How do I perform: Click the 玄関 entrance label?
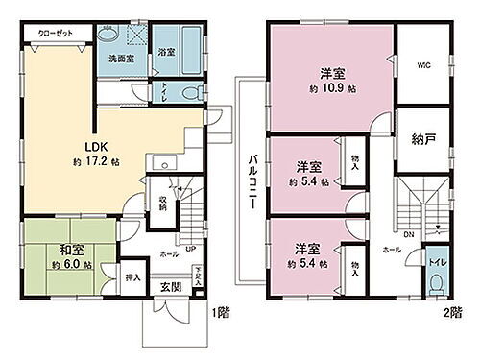pyautogui.click(x=171, y=287)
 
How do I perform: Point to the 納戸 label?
pyautogui.click(x=422, y=138)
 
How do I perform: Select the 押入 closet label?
pyautogui.click(x=133, y=279)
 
